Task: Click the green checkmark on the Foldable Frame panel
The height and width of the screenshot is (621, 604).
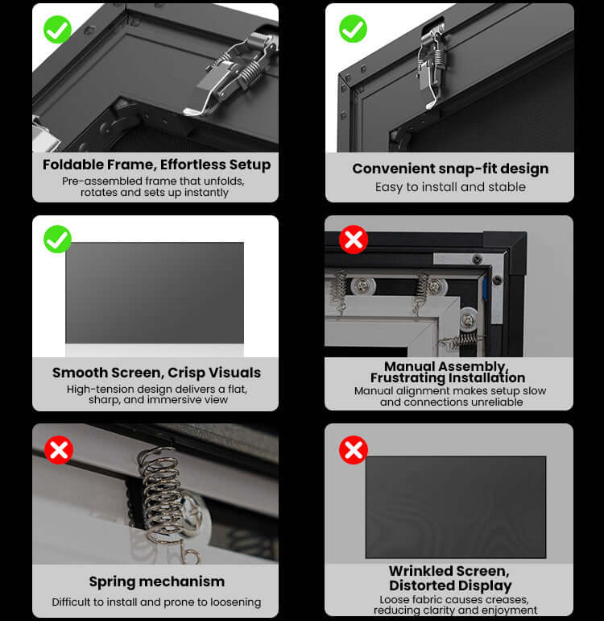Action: point(57,29)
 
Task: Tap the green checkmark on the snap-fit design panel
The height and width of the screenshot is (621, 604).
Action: point(353,28)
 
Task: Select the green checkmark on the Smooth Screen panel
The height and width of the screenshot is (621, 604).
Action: point(57,239)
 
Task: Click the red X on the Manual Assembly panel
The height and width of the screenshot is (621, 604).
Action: point(354,240)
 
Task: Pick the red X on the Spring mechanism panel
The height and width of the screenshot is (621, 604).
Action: point(59,449)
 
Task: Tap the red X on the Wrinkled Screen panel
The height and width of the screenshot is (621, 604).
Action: point(354,449)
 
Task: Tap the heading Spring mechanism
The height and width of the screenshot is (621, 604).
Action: point(156,581)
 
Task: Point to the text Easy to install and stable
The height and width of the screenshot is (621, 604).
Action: point(450,187)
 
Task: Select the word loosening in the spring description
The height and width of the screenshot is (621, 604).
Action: point(235,602)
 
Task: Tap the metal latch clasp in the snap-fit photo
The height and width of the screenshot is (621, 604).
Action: point(432,65)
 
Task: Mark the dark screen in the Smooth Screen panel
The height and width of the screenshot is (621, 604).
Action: point(155,293)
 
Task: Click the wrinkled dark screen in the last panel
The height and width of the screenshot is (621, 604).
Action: point(456,507)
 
